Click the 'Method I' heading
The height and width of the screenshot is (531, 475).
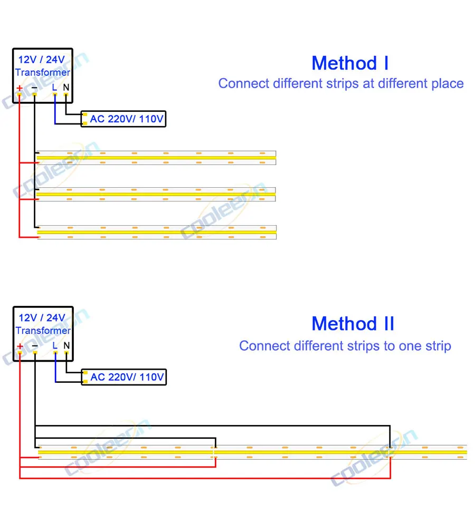350,63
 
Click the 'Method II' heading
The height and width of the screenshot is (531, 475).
353,323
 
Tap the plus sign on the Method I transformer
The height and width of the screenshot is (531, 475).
20,88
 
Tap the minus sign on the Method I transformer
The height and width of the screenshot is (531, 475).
34,88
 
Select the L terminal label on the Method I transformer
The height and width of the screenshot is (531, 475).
54,87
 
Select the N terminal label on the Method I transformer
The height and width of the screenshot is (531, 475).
66,87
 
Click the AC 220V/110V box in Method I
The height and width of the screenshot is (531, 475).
123,119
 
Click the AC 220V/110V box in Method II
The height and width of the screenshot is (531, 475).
123,377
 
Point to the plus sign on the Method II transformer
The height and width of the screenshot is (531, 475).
20,346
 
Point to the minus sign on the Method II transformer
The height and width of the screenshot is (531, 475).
34,346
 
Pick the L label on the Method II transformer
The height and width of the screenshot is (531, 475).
55,345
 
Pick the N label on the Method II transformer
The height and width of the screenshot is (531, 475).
66,345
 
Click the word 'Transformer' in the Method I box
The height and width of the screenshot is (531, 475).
42,73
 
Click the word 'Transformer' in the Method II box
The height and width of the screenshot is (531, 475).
43,331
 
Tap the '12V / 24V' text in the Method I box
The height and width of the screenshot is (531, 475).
42,59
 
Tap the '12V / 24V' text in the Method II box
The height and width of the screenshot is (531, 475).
42,317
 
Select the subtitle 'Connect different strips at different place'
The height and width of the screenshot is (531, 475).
341,83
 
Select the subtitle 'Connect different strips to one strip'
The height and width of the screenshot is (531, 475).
345,346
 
